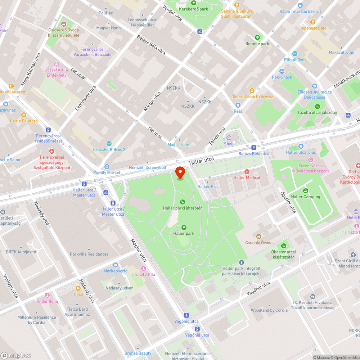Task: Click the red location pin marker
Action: pos(180,173)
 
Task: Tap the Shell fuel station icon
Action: pos(229,138)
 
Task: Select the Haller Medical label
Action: pos(247,177)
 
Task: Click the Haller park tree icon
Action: pos(184,227)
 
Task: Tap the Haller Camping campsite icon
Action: pos(305,190)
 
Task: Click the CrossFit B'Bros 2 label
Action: pos(109,149)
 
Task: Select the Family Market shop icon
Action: pos(107,167)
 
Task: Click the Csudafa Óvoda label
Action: pos(259,243)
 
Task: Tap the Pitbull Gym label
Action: pos(294,60)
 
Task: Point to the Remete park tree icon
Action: pos(257,37)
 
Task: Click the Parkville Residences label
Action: pos(89,254)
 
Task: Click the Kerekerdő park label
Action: pos(194,9)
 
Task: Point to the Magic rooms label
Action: pos(180,145)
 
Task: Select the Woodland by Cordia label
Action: pos(269,310)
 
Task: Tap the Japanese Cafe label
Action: pos(313,28)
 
